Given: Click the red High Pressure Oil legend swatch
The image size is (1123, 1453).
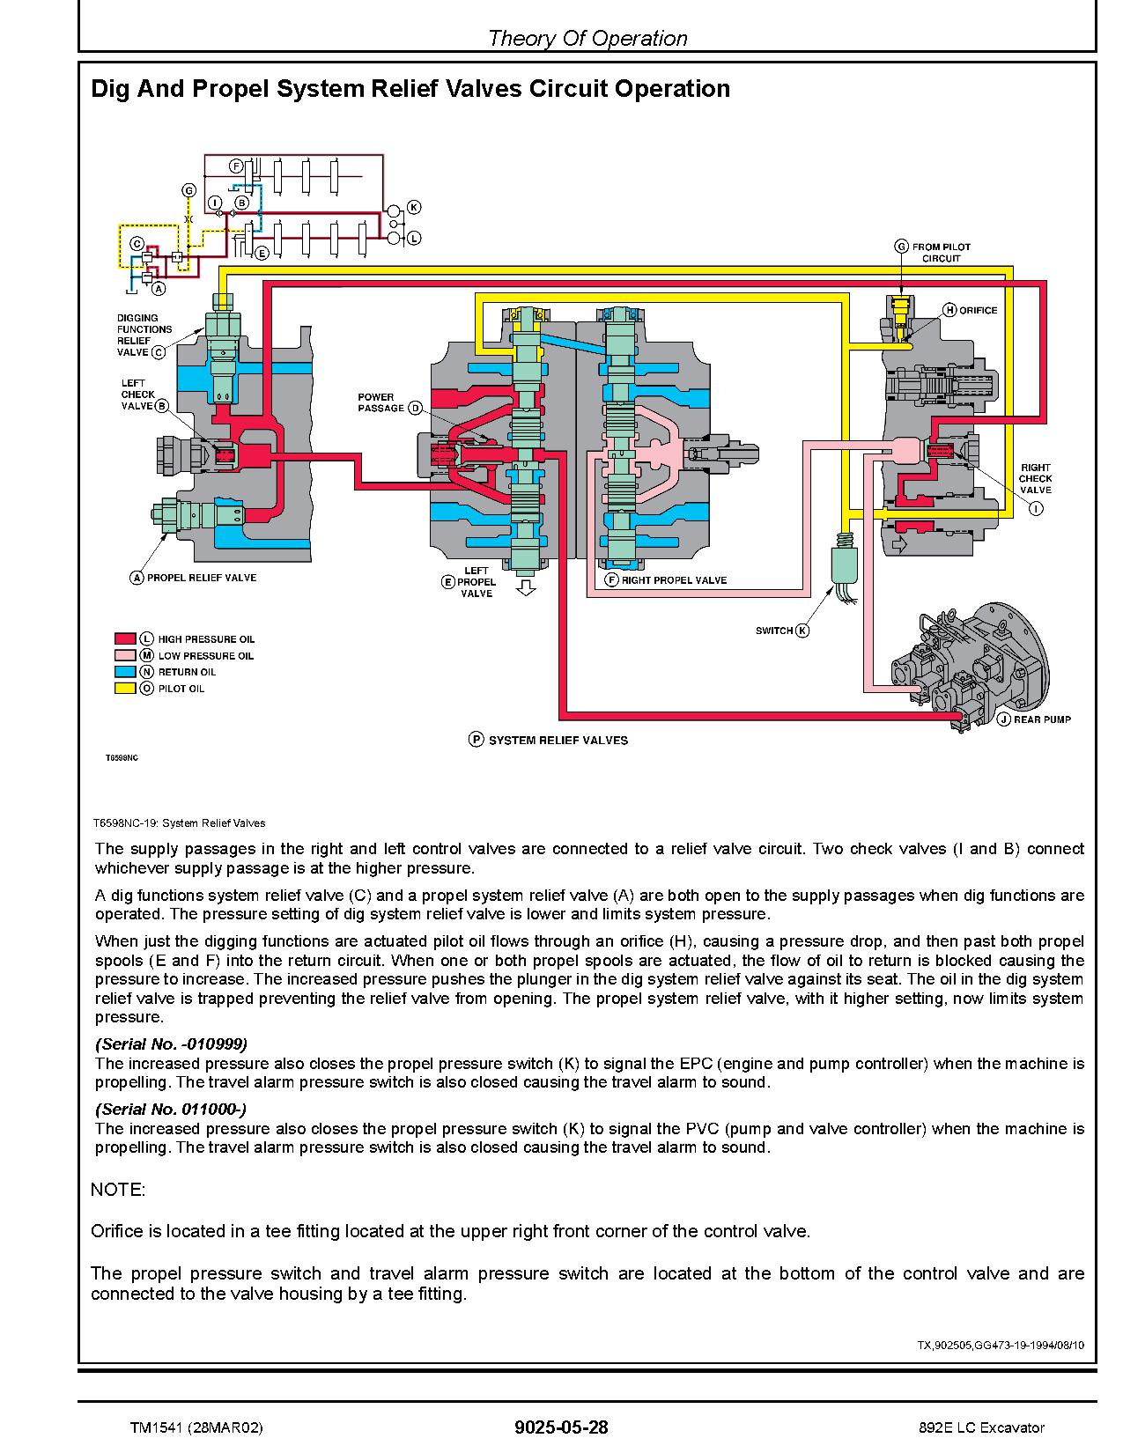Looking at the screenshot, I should [x=124, y=638].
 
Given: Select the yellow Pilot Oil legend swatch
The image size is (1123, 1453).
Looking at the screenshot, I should [x=124, y=688].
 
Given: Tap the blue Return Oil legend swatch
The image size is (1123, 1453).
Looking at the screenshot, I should [x=124, y=671].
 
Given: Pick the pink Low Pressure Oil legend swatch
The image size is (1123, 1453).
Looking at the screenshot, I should [x=124, y=655].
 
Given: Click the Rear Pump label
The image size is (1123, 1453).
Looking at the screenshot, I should [x=1041, y=719].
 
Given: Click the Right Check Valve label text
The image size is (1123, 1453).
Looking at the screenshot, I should [x=1035, y=478].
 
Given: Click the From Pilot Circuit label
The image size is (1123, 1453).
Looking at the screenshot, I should [x=940, y=253].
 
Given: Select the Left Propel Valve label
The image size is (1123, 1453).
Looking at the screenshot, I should [x=477, y=582].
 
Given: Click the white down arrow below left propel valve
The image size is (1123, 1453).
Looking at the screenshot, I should [x=526, y=587].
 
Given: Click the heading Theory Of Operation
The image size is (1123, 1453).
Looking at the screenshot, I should [x=587, y=38].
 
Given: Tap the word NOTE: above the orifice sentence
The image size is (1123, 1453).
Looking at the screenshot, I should [x=118, y=1190].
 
